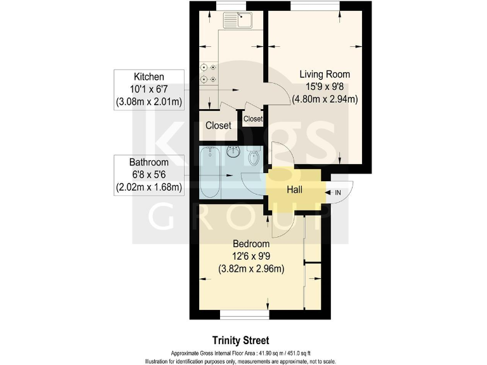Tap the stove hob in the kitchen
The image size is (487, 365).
(209, 73)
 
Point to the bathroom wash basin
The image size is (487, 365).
(233, 152)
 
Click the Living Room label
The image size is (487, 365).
(325, 74)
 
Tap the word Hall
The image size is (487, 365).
(294, 189)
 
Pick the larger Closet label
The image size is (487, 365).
(218, 125)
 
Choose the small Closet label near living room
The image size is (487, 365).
(252, 118)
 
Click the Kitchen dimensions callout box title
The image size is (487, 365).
(148, 76)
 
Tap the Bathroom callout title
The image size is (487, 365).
(149, 162)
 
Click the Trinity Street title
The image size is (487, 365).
(244, 340)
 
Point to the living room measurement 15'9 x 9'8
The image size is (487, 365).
(325, 86)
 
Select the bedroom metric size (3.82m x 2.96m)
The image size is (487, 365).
(251, 269)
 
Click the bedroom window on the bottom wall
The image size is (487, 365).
(245, 314)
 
